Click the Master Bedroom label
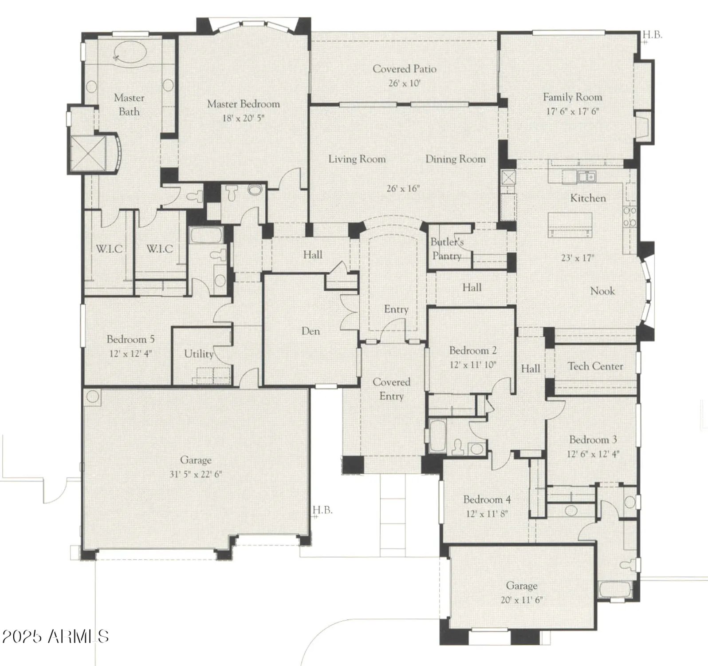[x=243, y=104]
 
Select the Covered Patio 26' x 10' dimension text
[x=404, y=83]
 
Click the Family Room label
[x=572, y=97]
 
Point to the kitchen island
[x=570, y=224]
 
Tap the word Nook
[x=602, y=291]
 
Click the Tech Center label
[x=595, y=366]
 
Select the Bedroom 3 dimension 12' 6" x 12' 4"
[x=593, y=454]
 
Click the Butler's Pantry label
[x=447, y=249]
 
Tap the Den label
[x=311, y=331]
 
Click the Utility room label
[x=199, y=354]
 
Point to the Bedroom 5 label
[x=130, y=339]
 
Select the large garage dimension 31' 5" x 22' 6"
[x=196, y=474]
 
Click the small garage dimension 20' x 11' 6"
[x=522, y=599]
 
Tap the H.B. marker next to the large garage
[x=323, y=510]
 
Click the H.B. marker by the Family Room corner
[x=652, y=35]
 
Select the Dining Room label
[x=455, y=159]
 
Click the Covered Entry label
[x=391, y=388]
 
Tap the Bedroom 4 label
[x=487, y=499]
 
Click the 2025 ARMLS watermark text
[x=55, y=636]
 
